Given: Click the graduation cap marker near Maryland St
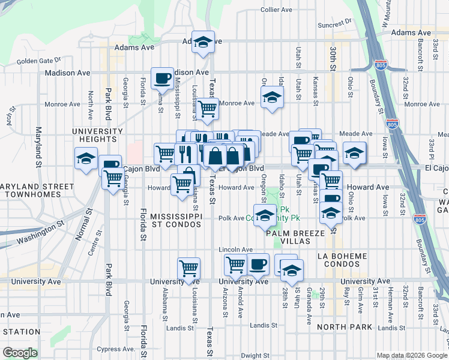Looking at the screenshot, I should pyautogui.click(x=86, y=159).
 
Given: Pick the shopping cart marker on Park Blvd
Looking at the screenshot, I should pyautogui.click(x=113, y=178).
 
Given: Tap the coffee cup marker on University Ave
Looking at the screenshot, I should pyautogui.click(x=258, y=264).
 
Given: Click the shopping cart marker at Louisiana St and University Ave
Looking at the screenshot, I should pyautogui.click(x=189, y=268).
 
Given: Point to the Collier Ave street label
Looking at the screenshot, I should pyautogui.click(x=276, y=10).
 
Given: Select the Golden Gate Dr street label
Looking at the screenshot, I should pyautogui.click(x=39, y=60).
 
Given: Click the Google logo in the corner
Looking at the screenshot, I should pyautogui.click(x=20, y=353).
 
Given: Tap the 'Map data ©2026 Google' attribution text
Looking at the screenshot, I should pyautogui.click(x=411, y=355).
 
